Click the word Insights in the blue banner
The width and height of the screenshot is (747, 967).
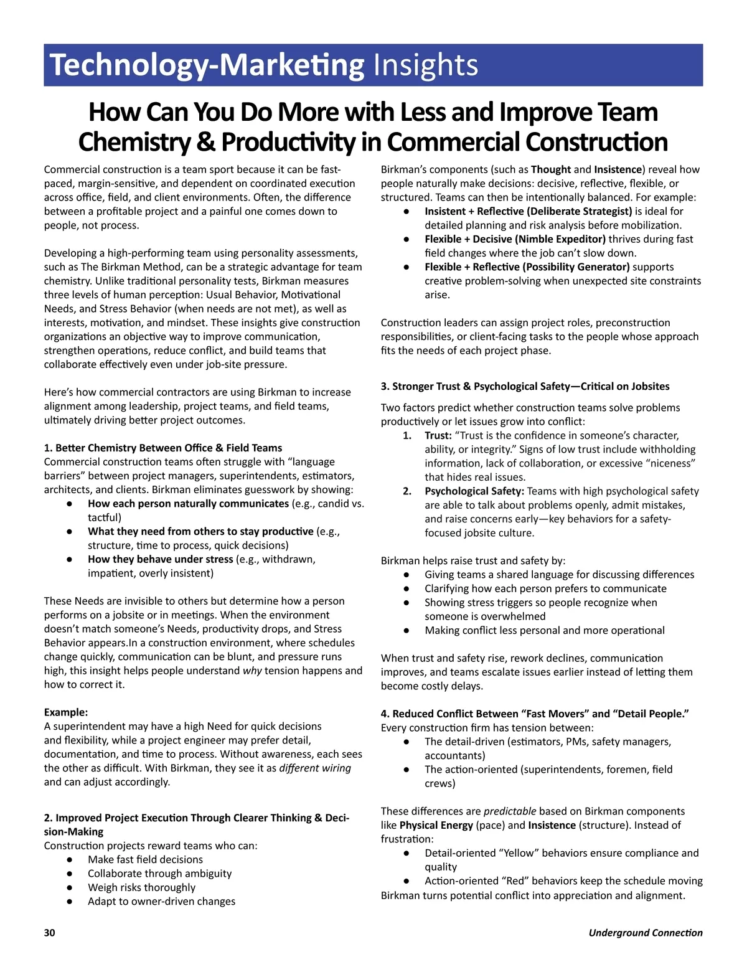tap(425, 65)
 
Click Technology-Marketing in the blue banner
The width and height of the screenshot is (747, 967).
tap(207, 65)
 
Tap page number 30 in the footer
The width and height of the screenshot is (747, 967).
tap(49, 932)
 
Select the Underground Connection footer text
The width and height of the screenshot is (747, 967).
tap(646, 932)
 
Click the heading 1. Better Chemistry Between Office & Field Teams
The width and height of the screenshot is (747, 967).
tap(163, 448)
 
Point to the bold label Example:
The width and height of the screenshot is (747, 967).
tap(66, 712)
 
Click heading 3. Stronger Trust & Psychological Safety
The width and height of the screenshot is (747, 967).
tap(525, 386)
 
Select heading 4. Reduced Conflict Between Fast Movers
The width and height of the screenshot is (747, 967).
tap(535, 714)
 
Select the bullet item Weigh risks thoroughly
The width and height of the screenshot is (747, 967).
tap(141, 887)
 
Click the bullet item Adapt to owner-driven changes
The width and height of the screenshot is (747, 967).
tap(161, 901)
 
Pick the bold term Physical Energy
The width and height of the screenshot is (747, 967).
tap(436, 825)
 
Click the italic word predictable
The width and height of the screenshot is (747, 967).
tap(510, 811)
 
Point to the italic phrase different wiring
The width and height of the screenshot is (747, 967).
tap(315, 768)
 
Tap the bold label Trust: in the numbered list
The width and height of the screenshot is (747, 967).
tap(438, 435)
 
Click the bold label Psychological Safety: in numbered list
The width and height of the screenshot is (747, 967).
tap(474, 491)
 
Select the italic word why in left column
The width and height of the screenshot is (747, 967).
tap(252, 671)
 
